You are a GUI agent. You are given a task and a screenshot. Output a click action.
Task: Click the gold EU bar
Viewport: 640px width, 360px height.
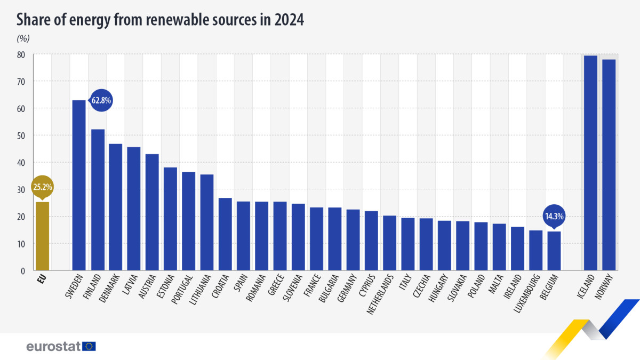pyautogui.click(x=42, y=236)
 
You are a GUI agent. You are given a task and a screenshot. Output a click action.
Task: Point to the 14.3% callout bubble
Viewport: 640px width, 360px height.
pyautogui.click(x=554, y=217)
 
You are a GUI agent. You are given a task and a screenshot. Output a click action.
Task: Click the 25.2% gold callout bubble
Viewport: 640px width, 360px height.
pyautogui.click(x=42, y=188)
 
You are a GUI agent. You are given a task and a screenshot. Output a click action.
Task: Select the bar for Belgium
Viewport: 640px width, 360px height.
pyautogui.click(x=554, y=251)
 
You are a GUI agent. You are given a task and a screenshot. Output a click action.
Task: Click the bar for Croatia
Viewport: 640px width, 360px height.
pyautogui.click(x=225, y=234)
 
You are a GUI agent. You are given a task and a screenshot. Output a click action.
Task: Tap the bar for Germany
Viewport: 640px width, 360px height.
pyautogui.click(x=353, y=240)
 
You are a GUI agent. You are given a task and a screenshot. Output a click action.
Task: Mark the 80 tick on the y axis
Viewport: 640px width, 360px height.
pyautogui.click(x=21, y=54)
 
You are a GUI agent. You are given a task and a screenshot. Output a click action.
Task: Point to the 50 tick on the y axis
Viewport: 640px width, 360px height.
pyautogui.click(x=21, y=135)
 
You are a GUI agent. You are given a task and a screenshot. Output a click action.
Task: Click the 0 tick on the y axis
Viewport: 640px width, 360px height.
pyautogui.click(x=23, y=271)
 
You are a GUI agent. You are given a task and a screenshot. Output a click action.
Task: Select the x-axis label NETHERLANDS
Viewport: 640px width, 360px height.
pyautogui.click(x=381, y=294)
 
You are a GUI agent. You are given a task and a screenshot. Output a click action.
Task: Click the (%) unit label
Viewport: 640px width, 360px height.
pyautogui.click(x=23, y=38)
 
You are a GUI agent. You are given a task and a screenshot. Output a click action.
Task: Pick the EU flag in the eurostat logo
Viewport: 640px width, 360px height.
pyautogui.click(x=89, y=346)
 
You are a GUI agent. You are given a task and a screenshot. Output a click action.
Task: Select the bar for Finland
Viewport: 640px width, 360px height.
pyautogui.click(x=98, y=200)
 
